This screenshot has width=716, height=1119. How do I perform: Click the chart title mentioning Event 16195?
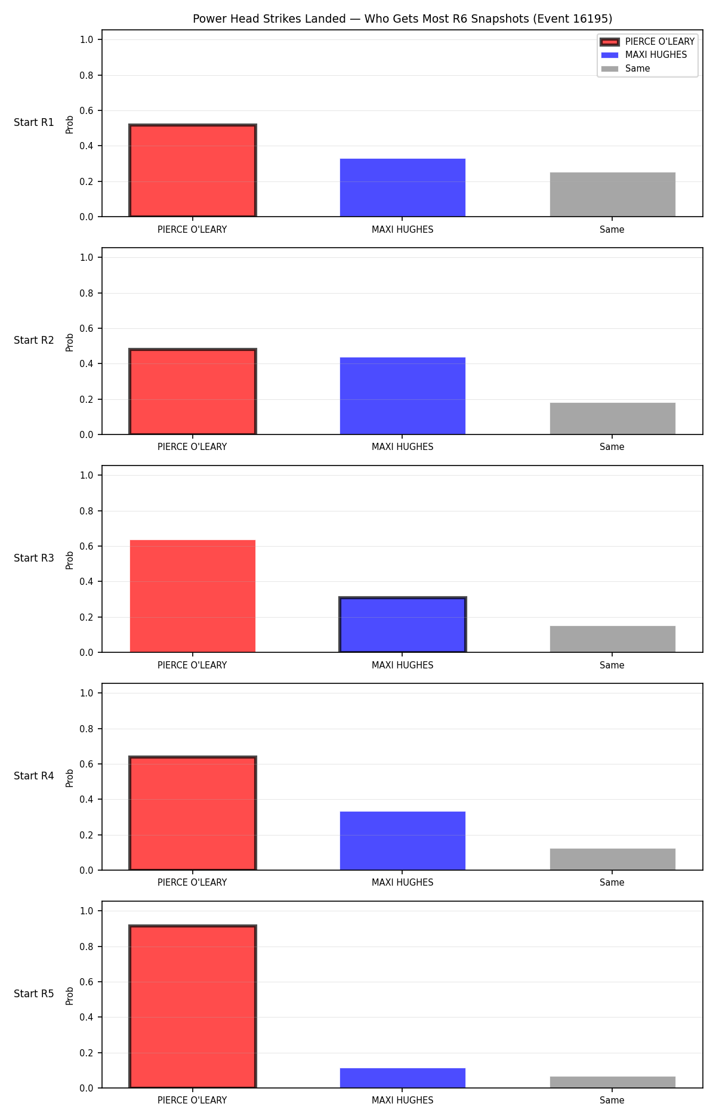pyautogui.click(x=402, y=19)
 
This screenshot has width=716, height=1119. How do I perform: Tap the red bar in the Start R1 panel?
pyautogui.click(x=193, y=171)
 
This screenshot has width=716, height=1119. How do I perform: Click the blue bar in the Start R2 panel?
pyautogui.click(x=403, y=396)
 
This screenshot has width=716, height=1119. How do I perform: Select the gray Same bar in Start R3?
pyautogui.click(x=613, y=639)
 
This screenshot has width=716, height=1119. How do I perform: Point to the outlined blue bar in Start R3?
pyautogui.click(x=403, y=625)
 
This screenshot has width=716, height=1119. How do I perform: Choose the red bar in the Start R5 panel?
pyautogui.click(x=193, y=1007)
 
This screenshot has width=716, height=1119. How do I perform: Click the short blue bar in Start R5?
pyautogui.click(x=403, y=1078)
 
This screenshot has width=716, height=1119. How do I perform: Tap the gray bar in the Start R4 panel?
pyautogui.click(x=613, y=859)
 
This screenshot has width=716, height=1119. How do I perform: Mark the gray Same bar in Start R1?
pyautogui.click(x=613, y=195)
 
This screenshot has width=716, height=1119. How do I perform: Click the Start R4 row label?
pyautogui.click(x=34, y=776)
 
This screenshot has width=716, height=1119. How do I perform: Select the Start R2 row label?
pyautogui.click(x=34, y=340)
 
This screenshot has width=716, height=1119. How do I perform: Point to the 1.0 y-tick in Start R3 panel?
pyautogui.click(x=87, y=475)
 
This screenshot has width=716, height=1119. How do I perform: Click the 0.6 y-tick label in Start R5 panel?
pyautogui.click(x=87, y=982)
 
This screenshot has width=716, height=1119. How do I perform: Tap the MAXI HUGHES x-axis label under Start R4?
pyautogui.click(x=403, y=882)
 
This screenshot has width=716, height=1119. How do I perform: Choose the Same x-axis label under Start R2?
pyautogui.click(x=612, y=446)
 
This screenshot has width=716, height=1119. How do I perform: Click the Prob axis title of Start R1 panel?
pyautogui.click(x=70, y=124)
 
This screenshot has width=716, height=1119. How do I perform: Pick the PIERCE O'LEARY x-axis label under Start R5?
pyautogui.click(x=192, y=1100)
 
